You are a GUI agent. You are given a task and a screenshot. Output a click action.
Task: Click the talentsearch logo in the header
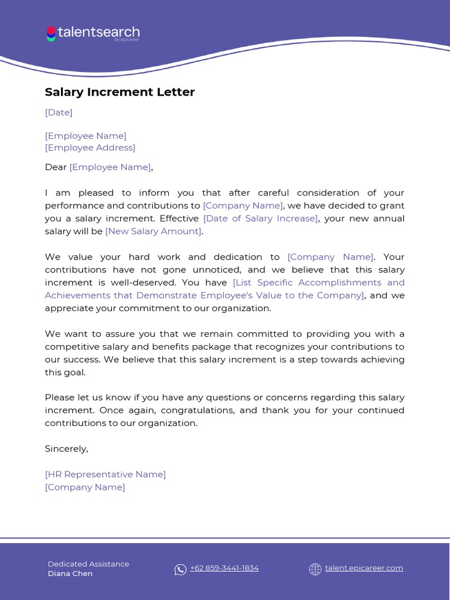pyautogui.click(x=93, y=33)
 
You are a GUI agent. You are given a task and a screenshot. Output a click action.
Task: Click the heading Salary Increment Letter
pyautogui.click(x=120, y=92)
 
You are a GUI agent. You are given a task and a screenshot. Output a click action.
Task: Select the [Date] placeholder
pyautogui.click(x=59, y=112)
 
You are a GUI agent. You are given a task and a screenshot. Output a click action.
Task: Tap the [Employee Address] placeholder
pyautogui.click(x=90, y=148)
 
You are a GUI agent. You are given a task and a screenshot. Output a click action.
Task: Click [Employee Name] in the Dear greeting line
pyautogui.click(x=110, y=167)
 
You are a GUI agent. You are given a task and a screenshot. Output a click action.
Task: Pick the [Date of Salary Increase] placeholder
pyautogui.click(x=261, y=219)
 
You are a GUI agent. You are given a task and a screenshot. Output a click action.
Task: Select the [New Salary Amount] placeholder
pyautogui.click(x=153, y=231)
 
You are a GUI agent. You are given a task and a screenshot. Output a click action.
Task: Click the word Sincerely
pyautogui.click(x=66, y=449)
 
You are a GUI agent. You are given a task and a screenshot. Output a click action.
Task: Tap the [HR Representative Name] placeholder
pyautogui.click(x=105, y=475)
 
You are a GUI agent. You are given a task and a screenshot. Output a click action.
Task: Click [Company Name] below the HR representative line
pyautogui.click(x=85, y=487)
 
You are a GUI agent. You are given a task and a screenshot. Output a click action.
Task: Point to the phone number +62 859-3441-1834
pyautogui.click(x=224, y=568)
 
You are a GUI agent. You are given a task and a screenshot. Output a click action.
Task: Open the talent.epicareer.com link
pyautogui.click(x=364, y=568)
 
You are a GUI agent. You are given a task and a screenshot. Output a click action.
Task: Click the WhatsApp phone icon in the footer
pyautogui.click(x=180, y=570)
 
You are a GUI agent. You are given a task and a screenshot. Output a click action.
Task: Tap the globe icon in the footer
pyautogui.click(x=315, y=570)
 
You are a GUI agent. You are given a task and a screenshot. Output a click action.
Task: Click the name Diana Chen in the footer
pyautogui.click(x=70, y=574)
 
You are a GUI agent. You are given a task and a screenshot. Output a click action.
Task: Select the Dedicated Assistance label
pyautogui.click(x=88, y=564)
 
